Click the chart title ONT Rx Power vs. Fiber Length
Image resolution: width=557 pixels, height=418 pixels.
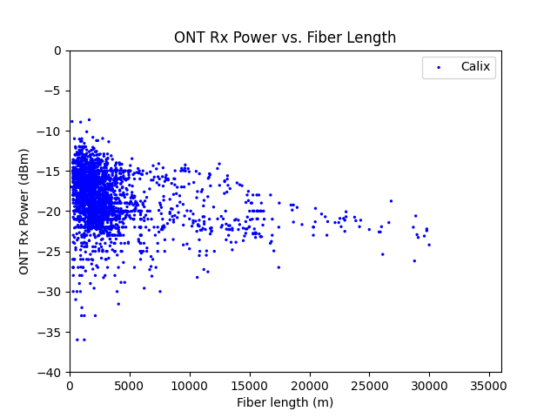pyautogui.click(x=285, y=37)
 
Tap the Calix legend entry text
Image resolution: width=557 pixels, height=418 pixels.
pyautogui.click(x=475, y=67)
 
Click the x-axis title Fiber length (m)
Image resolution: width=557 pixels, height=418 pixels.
pyautogui.click(x=285, y=402)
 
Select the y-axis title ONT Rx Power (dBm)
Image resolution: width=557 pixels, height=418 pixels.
pyautogui.click(x=24, y=212)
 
